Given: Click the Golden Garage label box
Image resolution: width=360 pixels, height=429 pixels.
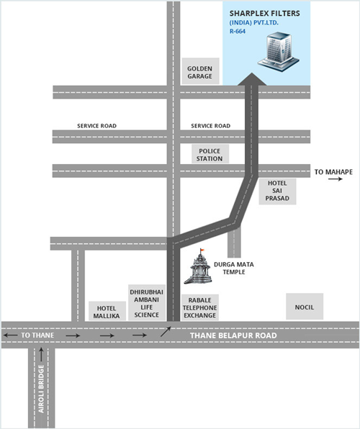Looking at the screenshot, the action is (201, 71).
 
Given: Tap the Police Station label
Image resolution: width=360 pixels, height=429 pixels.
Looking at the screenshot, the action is (210, 154).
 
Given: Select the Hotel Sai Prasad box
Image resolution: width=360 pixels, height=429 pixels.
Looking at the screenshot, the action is (278, 191).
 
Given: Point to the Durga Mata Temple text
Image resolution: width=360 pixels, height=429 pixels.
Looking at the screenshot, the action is (234, 268).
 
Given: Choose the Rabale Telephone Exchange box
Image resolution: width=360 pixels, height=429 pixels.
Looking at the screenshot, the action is (200, 307).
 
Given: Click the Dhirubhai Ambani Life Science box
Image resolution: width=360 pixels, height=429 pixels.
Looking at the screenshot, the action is (147, 302).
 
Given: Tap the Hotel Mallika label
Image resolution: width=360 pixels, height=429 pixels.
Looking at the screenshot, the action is (107, 311).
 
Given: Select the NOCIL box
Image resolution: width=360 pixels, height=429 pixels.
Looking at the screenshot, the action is (305, 307).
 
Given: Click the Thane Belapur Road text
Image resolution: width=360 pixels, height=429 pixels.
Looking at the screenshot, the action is (233, 335).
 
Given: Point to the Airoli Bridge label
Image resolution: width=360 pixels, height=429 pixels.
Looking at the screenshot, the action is (41, 389).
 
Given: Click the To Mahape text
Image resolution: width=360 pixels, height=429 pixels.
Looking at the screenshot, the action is (333, 172).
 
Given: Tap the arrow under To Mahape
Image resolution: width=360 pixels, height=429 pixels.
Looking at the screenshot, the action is (336, 179).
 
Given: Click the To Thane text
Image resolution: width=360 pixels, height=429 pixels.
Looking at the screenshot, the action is (37, 335).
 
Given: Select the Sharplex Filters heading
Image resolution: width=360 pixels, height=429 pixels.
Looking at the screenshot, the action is (265, 14).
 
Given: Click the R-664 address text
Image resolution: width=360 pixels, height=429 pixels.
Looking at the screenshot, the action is (238, 31).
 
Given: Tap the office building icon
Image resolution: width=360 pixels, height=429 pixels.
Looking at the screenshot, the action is (278, 52).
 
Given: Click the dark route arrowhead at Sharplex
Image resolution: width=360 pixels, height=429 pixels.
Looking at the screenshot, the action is (251, 79).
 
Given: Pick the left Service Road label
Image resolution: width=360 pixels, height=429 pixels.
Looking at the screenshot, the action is (97, 126).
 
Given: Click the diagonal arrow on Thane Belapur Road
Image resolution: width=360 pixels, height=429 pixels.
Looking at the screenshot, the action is (166, 332).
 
